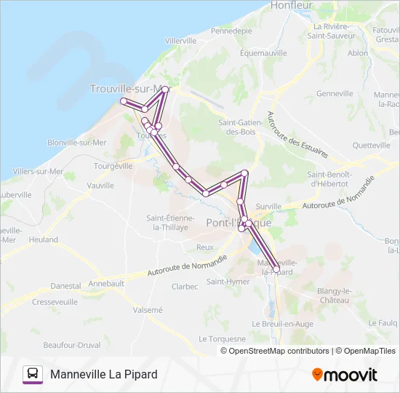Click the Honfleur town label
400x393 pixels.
coord(291,5)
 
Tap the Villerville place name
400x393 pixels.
coord(181,41)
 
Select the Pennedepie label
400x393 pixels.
coord(231,31)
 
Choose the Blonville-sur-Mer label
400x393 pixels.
coord(77,143)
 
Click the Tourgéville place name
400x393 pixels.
coord(113,166)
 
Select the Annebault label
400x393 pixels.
coord(106,283)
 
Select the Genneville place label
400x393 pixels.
coord(335,93)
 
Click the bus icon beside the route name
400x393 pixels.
coord(33,374)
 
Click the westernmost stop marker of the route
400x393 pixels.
coord(124,100)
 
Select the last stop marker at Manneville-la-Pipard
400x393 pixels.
coord(276,269)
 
